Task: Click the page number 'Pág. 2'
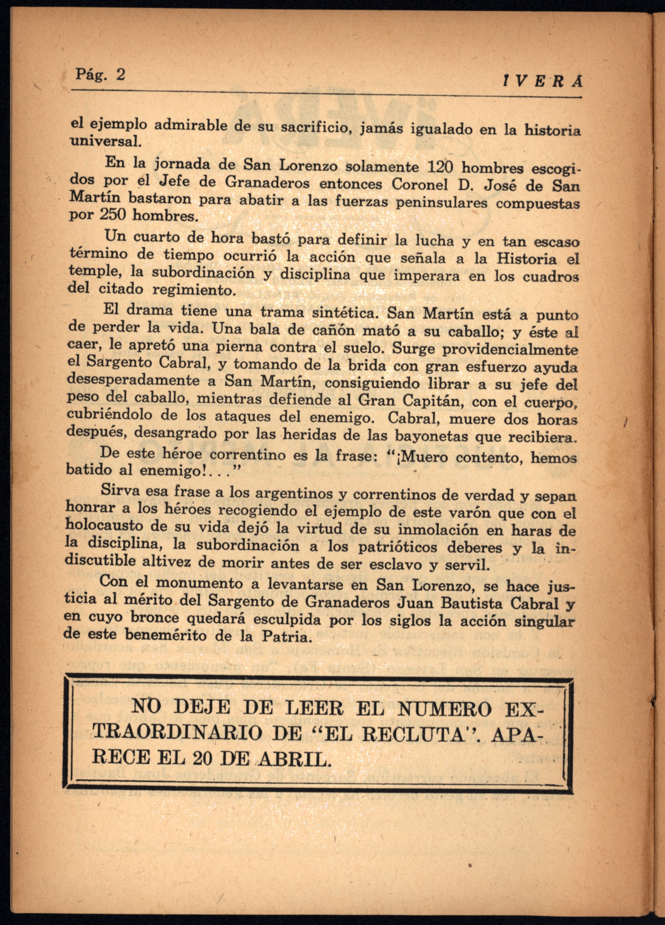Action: coord(100,75)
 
